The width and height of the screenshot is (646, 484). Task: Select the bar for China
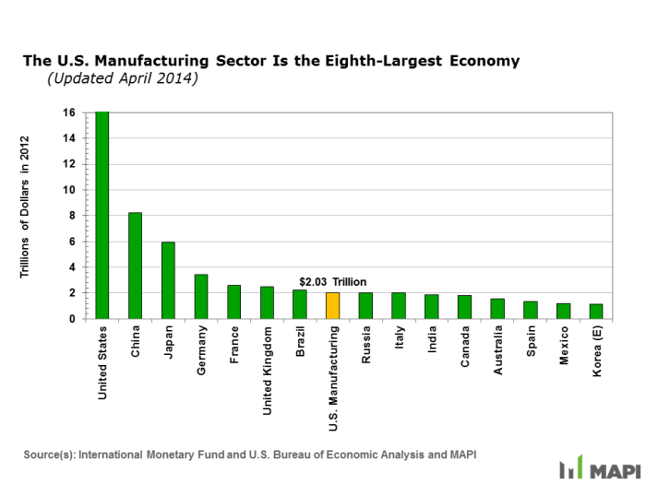[x=135, y=266]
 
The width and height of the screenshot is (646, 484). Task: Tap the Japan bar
[x=168, y=280]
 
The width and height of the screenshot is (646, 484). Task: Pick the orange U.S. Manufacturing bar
[x=332, y=305]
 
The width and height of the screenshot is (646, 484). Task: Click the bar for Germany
[x=201, y=296]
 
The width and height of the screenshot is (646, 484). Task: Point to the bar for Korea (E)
[x=596, y=312]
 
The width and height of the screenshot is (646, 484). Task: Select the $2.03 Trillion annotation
[x=332, y=281]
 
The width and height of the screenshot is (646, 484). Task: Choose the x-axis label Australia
[x=497, y=350]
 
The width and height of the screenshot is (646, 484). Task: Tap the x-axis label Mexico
[x=563, y=345]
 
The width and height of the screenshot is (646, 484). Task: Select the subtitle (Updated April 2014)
[x=123, y=79]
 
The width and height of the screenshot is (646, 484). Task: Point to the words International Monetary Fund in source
[x=154, y=454]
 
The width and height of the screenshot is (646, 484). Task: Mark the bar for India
[x=432, y=306]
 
